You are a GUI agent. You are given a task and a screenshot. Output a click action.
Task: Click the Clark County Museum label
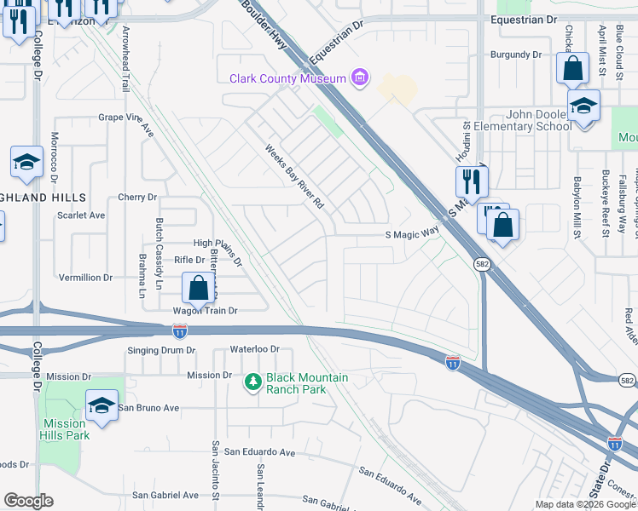287,79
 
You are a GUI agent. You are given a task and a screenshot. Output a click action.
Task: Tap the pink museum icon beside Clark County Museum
361,79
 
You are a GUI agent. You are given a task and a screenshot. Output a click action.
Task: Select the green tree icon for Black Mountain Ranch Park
252,383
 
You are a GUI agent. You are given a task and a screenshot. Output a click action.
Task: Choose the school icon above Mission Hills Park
101,405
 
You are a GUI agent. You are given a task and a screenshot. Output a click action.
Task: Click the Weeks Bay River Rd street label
295,176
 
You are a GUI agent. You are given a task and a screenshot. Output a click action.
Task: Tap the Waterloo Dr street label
255,350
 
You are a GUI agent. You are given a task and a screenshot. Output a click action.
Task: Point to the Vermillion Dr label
85,278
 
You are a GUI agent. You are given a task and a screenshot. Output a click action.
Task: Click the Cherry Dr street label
138,198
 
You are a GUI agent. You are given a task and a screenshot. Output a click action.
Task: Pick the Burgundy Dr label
516,55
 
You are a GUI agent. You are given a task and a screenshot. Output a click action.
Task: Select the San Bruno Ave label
148,408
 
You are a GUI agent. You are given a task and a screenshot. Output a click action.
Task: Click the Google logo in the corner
27,501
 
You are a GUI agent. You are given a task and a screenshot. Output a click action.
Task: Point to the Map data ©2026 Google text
585,504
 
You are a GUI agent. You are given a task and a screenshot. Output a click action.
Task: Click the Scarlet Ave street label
81,215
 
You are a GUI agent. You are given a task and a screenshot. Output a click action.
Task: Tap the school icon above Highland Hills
26,162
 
